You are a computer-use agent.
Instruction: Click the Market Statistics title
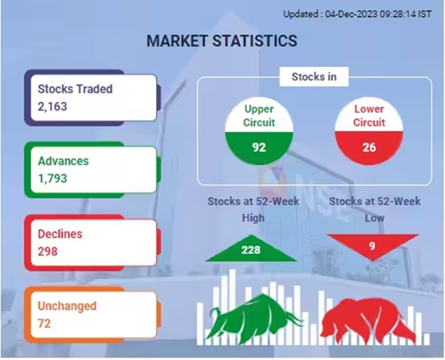[222, 41]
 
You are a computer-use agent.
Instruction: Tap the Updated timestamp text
[358, 14]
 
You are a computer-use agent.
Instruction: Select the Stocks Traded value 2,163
[52, 106]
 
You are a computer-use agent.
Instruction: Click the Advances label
[63, 161]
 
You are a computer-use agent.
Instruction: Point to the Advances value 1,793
[52, 179]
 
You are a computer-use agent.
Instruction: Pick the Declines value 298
[48, 251]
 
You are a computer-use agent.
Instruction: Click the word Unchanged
[67, 306]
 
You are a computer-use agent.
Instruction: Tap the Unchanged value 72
[44, 323]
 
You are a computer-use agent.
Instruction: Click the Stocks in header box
[314, 77]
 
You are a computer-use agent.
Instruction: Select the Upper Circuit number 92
[259, 147]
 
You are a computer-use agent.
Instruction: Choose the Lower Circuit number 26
[369, 147]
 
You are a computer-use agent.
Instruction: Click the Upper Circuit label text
[259, 116]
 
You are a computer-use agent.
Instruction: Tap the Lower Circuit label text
[369, 116]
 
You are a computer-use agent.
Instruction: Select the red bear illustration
[368, 320]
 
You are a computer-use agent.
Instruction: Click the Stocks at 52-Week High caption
[253, 210]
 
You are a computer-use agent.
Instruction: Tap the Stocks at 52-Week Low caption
[375, 210]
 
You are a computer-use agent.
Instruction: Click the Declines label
[60, 234]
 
